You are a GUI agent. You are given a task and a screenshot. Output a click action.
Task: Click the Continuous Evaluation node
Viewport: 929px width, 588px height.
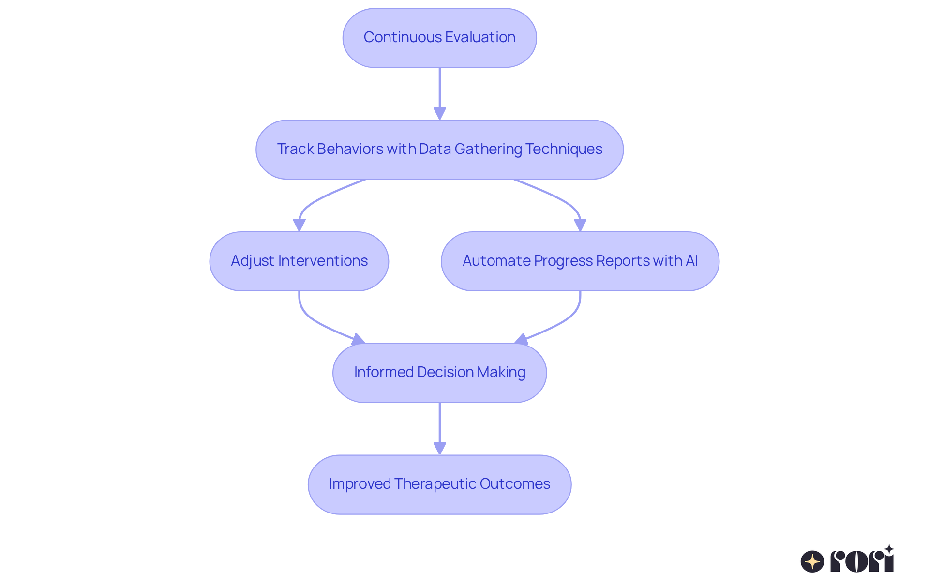click(439, 38)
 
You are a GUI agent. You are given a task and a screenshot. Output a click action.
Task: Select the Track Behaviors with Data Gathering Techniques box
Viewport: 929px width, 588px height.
click(439, 150)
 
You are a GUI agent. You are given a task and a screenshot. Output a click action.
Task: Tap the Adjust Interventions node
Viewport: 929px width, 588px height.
click(299, 261)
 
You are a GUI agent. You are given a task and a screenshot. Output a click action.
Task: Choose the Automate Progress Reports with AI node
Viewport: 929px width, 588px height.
click(580, 261)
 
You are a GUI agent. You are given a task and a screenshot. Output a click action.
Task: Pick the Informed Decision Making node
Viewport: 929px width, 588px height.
click(439, 373)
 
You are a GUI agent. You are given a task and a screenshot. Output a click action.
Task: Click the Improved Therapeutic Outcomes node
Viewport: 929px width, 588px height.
click(439, 484)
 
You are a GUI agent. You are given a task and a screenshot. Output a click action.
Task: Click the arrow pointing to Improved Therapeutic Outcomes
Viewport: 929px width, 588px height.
click(439, 429)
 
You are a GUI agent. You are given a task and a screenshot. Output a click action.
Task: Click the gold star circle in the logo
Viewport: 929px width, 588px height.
click(812, 562)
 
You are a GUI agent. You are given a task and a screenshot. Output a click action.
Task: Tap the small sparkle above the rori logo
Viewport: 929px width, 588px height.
click(889, 549)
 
